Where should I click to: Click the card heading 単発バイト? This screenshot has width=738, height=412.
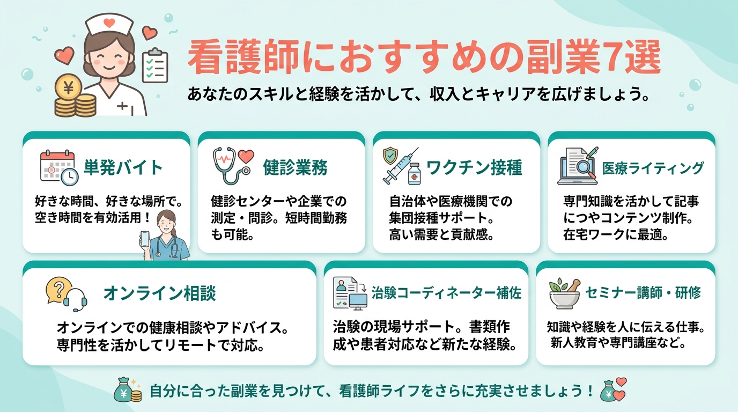(x=123, y=167)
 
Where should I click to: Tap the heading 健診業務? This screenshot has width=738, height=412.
(x=295, y=167)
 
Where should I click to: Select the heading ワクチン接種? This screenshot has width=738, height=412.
(x=475, y=167)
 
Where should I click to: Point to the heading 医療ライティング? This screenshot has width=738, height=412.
(x=653, y=168)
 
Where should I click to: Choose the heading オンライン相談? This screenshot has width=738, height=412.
(x=160, y=293)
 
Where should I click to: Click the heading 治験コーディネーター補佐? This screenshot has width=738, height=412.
(x=446, y=293)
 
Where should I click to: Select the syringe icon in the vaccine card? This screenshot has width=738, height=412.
(x=400, y=166)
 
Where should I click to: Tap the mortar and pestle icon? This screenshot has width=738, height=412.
(x=565, y=294)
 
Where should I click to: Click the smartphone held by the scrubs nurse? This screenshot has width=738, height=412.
(x=145, y=239)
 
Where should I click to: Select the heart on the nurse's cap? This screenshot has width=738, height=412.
(x=109, y=23)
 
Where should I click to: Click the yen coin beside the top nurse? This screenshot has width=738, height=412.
(x=69, y=87)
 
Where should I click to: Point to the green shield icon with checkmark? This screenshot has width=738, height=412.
(x=390, y=156)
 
